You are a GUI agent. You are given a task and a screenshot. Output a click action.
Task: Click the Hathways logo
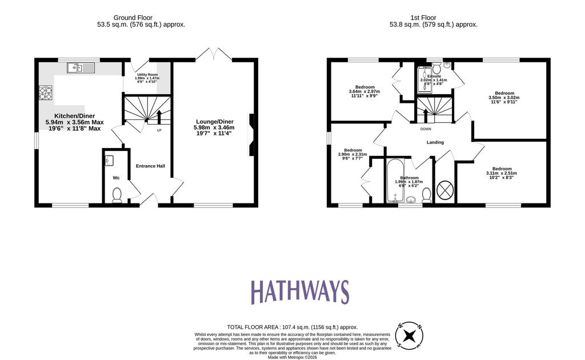(x=299, y=292)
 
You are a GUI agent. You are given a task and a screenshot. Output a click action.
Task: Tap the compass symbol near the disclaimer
(x=410, y=335)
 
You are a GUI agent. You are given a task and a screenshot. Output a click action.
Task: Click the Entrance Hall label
(x=150, y=166)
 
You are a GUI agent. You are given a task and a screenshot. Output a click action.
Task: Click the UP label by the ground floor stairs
(x=159, y=130)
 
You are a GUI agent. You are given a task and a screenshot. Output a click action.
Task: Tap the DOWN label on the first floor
(x=426, y=129)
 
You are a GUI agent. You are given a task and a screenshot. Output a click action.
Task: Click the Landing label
(x=435, y=142)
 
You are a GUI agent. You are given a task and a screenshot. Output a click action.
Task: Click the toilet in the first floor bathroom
(x=426, y=196)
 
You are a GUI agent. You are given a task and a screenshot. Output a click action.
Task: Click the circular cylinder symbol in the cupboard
(x=445, y=190)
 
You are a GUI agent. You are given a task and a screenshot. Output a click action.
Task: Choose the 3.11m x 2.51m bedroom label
(x=502, y=173)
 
